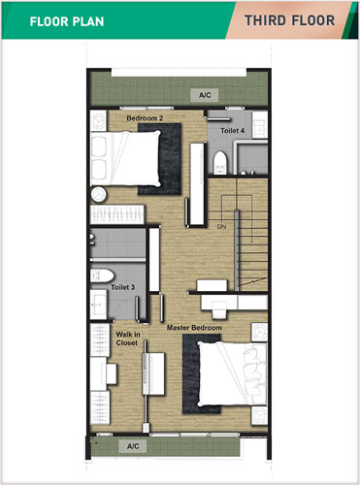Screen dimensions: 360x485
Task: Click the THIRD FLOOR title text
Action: [x=289, y=20]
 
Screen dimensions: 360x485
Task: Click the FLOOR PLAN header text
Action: [x=67, y=21]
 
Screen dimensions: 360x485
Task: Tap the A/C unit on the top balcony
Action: [x=205, y=95]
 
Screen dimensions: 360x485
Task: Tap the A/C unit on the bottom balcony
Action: [x=133, y=446]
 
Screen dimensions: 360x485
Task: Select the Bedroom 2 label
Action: [x=145, y=118]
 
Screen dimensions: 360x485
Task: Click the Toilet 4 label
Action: [x=232, y=131]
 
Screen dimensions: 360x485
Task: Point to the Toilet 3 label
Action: [x=122, y=287]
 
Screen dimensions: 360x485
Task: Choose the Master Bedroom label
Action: [x=194, y=328]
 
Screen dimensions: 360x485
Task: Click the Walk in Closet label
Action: [x=128, y=339]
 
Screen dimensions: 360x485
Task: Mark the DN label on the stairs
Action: [x=221, y=227]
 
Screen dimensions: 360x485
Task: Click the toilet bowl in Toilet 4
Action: [x=220, y=163]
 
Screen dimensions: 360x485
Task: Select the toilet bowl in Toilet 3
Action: [x=102, y=275]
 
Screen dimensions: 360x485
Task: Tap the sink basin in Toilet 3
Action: [x=98, y=305]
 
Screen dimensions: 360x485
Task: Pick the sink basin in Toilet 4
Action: [x=260, y=125]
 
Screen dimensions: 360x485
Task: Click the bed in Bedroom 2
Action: [x=125, y=158]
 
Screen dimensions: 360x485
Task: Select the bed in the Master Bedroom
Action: [x=232, y=373]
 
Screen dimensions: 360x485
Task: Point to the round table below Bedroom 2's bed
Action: [x=98, y=195]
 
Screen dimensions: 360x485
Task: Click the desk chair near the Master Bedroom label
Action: [x=219, y=308]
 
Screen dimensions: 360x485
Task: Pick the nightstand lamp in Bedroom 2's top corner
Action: [x=98, y=120]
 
